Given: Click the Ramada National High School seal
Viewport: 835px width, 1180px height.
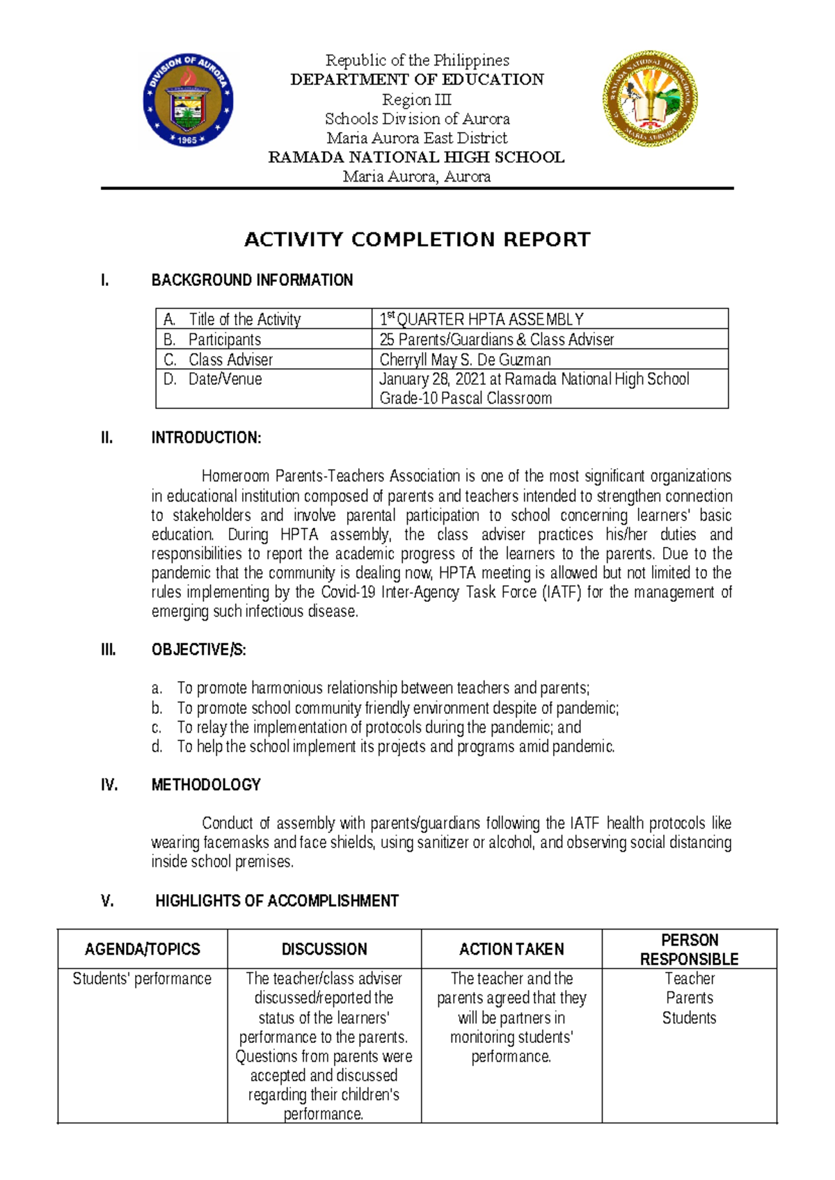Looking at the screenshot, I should (x=650, y=97).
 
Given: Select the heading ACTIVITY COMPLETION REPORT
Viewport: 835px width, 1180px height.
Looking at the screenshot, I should (x=417, y=239).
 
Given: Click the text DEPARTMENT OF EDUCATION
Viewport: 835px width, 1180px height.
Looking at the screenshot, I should (x=417, y=79).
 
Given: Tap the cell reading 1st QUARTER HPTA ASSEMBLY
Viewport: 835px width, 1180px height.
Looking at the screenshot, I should (x=482, y=319).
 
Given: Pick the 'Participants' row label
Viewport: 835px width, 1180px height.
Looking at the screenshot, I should (x=224, y=340).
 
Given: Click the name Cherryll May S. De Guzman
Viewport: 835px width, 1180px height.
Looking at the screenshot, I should (x=465, y=360).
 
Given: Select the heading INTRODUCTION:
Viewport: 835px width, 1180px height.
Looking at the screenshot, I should (x=206, y=438).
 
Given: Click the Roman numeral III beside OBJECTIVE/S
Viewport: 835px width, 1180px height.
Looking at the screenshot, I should (x=108, y=650).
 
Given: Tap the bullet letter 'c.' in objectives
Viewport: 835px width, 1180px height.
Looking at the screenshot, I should (x=157, y=728).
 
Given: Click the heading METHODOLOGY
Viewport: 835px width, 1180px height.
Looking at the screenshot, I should (x=206, y=785).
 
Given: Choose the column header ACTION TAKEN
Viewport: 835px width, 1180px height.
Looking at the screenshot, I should (x=511, y=949).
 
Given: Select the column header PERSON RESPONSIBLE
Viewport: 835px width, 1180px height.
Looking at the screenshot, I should (x=689, y=949).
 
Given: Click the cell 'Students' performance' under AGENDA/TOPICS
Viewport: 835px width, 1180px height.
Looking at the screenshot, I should (x=142, y=979).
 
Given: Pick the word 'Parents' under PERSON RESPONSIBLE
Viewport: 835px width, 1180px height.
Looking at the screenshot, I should (x=689, y=998).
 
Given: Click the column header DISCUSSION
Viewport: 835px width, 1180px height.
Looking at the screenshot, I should (x=324, y=949).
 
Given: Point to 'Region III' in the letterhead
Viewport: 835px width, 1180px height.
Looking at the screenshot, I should (x=417, y=99).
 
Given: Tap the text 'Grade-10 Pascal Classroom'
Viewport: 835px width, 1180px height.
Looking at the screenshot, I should (x=466, y=399).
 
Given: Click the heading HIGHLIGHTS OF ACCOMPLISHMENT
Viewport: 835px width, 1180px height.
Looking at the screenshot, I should (x=277, y=901).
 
